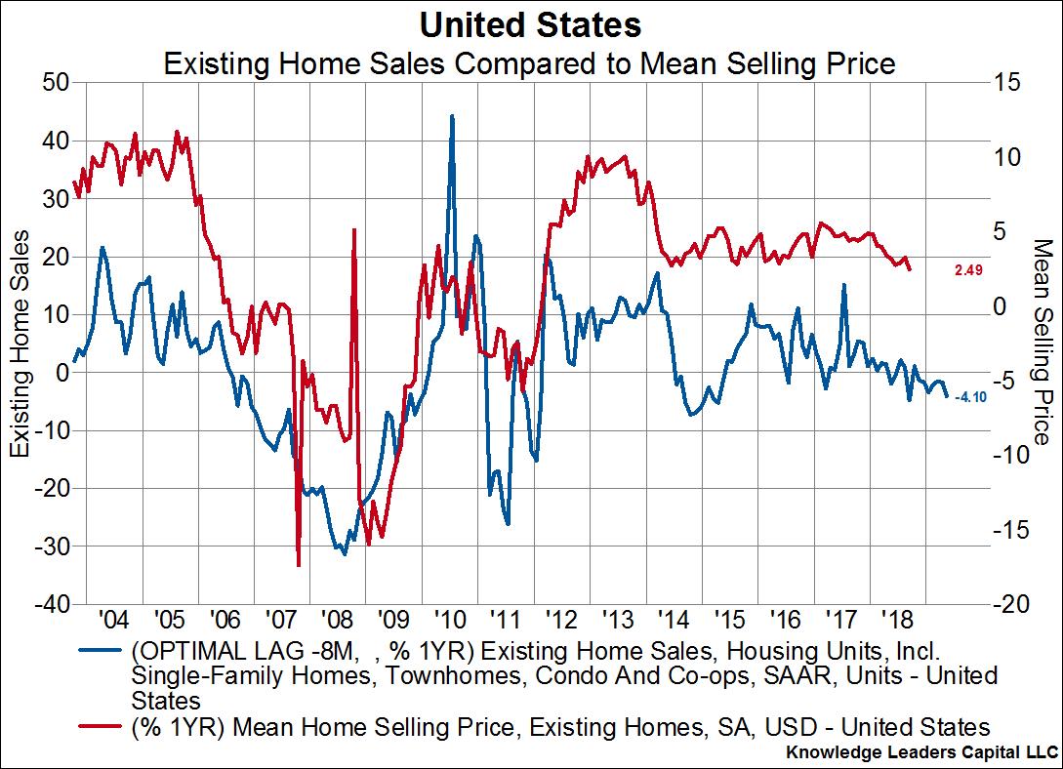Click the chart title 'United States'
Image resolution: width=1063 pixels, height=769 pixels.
pos(530,23)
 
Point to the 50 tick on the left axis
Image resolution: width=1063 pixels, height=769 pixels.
pos(56,82)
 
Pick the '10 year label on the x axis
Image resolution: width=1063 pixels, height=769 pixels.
pos(448,620)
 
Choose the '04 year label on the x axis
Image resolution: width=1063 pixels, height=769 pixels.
pos(113,620)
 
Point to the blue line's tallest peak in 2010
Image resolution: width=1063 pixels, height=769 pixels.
pos(451,116)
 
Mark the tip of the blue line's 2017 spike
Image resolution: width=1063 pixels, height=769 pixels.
pos(843,285)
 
